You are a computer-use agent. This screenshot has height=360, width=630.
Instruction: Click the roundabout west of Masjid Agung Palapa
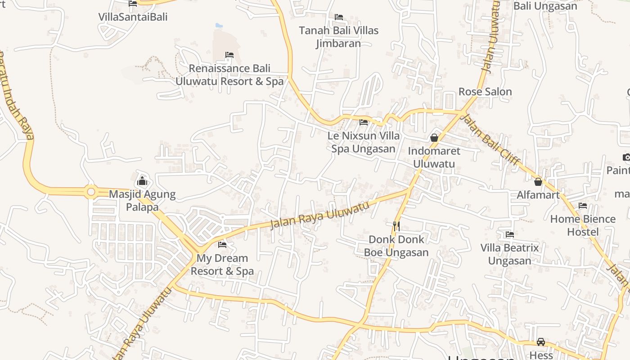click(91, 192)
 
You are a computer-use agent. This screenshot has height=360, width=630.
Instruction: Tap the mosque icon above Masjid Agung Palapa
click(142, 181)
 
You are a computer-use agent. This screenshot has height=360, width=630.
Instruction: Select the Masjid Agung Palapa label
click(142, 201)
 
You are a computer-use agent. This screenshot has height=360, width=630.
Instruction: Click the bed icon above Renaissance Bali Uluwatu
click(229, 55)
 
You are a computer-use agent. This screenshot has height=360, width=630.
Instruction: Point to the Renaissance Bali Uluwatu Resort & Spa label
click(229, 75)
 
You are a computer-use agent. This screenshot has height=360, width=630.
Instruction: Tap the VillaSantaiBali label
click(133, 17)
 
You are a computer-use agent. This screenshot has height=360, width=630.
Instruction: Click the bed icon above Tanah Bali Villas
click(339, 17)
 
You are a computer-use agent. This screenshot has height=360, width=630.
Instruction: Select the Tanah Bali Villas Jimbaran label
click(339, 37)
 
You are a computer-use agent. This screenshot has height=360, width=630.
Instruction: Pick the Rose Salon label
click(485, 92)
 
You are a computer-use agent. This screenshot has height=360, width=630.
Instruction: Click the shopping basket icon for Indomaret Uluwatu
click(434, 138)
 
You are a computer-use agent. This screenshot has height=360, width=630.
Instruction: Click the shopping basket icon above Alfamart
click(538, 182)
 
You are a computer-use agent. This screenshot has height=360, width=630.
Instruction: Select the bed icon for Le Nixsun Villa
click(364, 122)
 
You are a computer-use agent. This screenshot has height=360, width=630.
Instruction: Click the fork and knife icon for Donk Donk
click(396, 226)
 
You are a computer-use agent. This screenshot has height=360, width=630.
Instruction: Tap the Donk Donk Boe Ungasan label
click(396, 246)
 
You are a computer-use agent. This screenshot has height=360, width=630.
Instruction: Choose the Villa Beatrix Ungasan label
click(509, 254)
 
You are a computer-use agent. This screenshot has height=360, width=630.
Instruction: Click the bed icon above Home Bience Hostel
click(583, 206)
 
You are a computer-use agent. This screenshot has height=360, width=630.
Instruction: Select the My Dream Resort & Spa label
click(222, 265)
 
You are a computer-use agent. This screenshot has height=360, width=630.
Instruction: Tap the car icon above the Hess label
click(541, 342)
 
